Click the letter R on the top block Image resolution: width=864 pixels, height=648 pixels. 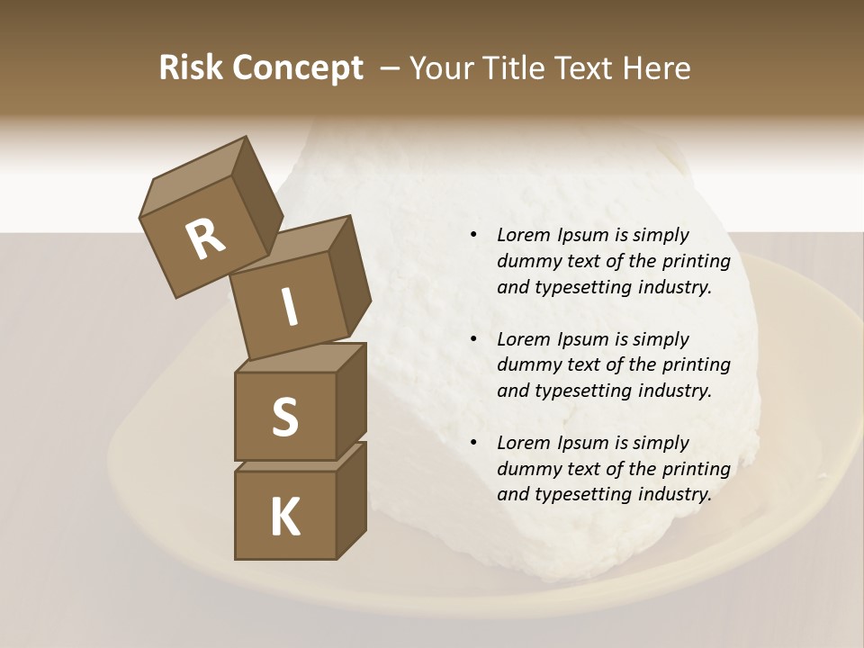click(x=205, y=239)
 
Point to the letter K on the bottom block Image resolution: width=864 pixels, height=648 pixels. click(x=284, y=517)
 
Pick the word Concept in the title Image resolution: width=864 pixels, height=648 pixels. click(x=298, y=67)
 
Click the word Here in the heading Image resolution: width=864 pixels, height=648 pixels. click(x=656, y=67)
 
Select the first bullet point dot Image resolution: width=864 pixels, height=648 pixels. click(x=473, y=236)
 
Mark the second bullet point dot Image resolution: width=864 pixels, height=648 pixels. click(x=473, y=340)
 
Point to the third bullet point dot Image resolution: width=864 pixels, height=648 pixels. click(x=473, y=444)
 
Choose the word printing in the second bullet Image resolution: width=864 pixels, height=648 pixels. click(x=694, y=364)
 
